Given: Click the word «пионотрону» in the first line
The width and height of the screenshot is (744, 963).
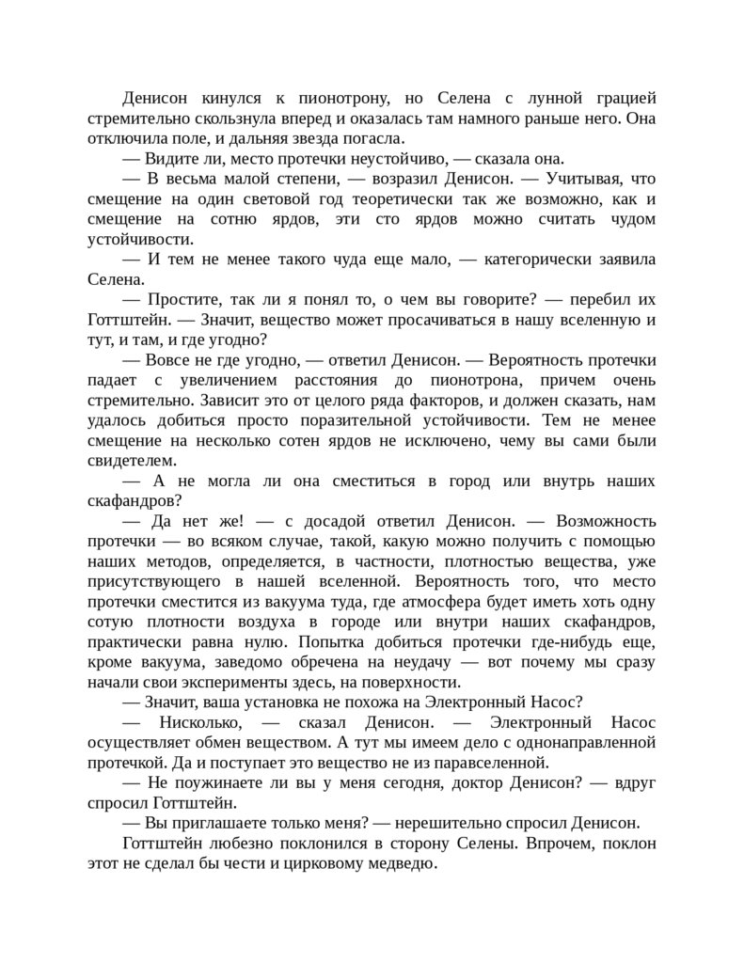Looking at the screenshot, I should (x=324, y=97).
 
